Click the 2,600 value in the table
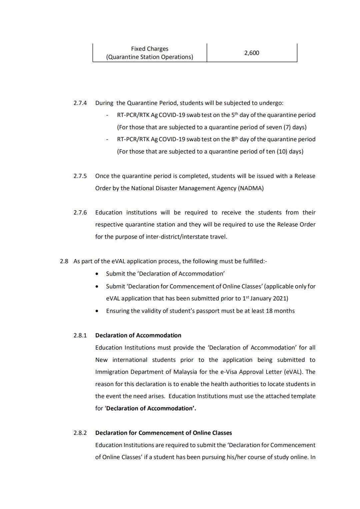pyautogui.click(x=252, y=53)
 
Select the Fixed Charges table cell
pyautogui.click(x=150, y=53)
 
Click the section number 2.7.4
pyautogui.click(x=80, y=103)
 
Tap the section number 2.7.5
pyautogui.click(x=80, y=176)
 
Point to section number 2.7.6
pyautogui.click(x=80, y=213)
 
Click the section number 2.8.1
pyautogui.click(x=80, y=335)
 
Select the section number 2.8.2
pyautogui.click(x=80, y=433)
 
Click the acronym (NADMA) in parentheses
pyautogui.click(x=251, y=188)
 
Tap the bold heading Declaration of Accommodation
pyautogui.click(x=138, y=335)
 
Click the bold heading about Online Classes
pyautogui.click(x=164, y=433)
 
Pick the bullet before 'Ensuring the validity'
pyautogui.click(x=97, y=311)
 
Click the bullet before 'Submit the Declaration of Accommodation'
pyautogui.click(x=97, y=274)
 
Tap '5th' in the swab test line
pyautogui.click(x=235, y=115)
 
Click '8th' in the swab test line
pyautogui.click(x=235, y=139)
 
